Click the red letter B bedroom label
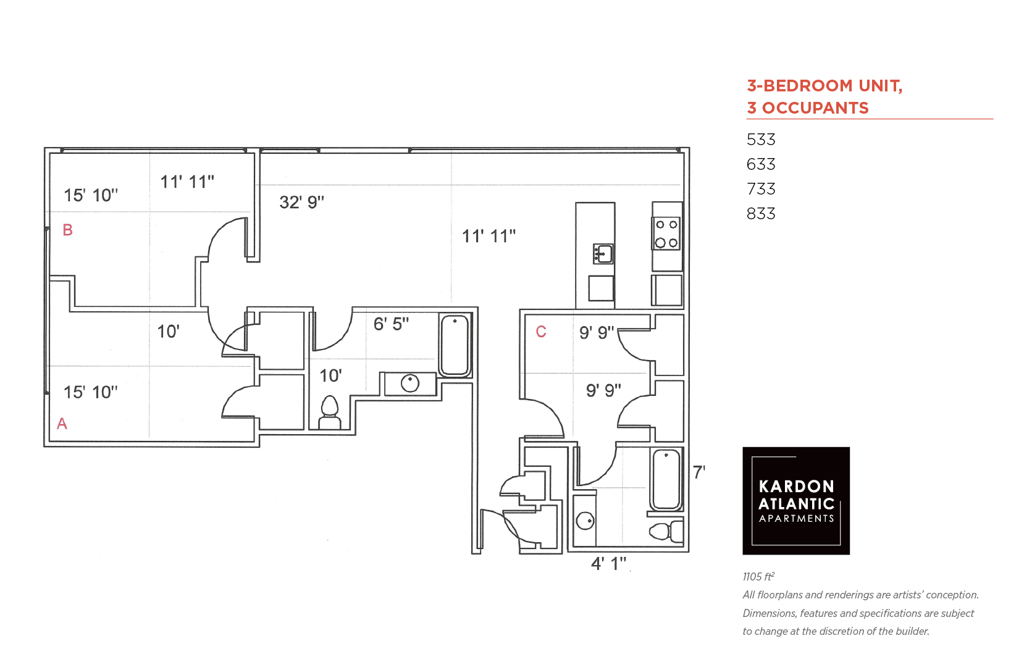68,230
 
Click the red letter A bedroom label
62,424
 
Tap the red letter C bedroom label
541,332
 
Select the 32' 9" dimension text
301,202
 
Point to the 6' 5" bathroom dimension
391,324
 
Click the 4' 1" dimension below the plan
609,563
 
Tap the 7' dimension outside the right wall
699,472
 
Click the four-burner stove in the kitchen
666,233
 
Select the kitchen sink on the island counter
603,254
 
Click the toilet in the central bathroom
329,413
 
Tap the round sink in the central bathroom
410,384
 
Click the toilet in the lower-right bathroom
666,531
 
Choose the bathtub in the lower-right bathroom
666,479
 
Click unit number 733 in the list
760,188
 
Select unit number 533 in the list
760,140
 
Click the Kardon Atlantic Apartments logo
795,501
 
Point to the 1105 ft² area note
758,576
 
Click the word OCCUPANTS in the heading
815,108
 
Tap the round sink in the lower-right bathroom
585,521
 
